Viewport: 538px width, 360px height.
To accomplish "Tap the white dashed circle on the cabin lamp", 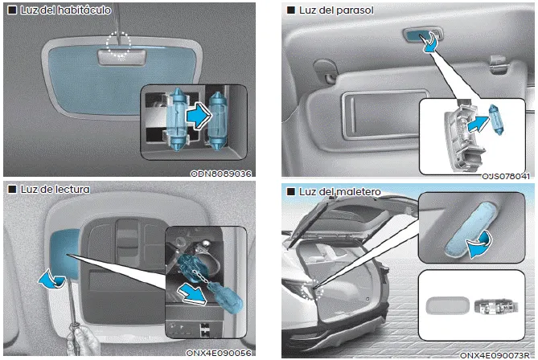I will (118, 45).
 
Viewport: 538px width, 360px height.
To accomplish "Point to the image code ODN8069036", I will (221, 173).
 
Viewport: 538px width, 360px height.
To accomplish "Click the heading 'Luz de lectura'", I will (51, 190).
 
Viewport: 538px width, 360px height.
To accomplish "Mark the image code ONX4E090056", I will (216, 353).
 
